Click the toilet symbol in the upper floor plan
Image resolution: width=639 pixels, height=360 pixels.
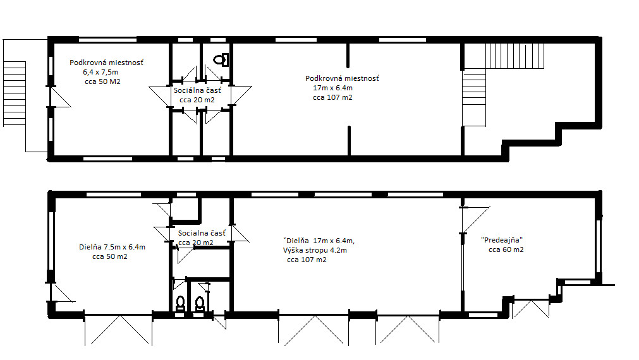click(x=221, y=60)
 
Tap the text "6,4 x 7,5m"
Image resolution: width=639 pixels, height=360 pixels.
click(x=100, y=72)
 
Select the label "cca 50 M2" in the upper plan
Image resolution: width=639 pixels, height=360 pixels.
click(x=102, y=81)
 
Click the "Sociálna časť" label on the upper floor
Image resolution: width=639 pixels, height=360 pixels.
click(x=197, y=90)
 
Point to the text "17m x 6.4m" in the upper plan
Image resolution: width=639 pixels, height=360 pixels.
click(x=333, y=88)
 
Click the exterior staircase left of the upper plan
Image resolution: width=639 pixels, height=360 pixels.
click(x=15, y=93)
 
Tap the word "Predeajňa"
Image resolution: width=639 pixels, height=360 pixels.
click(x=502, y=240)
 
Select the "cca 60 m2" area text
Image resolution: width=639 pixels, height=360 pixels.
click(x=506, y=249)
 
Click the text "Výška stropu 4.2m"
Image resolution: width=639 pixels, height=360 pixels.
click(x=315, y=251)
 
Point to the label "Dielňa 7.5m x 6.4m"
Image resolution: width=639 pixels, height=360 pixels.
click(x=112, y=247)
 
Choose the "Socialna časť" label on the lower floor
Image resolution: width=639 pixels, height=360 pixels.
click(x=202, y=233)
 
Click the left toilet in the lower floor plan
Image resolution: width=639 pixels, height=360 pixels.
click(x=180, y=304)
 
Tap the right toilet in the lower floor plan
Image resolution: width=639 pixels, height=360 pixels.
click(x=199, y=304)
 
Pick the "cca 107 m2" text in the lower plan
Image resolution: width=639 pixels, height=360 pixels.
click(x=307, y=260)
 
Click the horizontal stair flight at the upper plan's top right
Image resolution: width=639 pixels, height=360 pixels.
click(x=514, y=56)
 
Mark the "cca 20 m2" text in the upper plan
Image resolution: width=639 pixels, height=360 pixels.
click(x=197, y=100)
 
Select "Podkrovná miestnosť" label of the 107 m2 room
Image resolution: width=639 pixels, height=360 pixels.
click(x=343, y=78)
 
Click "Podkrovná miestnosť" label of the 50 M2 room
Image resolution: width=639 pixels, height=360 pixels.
click(x=106, y=63)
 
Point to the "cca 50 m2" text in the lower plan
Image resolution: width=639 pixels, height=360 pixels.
click(x=110, y=256)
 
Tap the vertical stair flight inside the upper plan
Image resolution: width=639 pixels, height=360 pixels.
click(x=475, y=97)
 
